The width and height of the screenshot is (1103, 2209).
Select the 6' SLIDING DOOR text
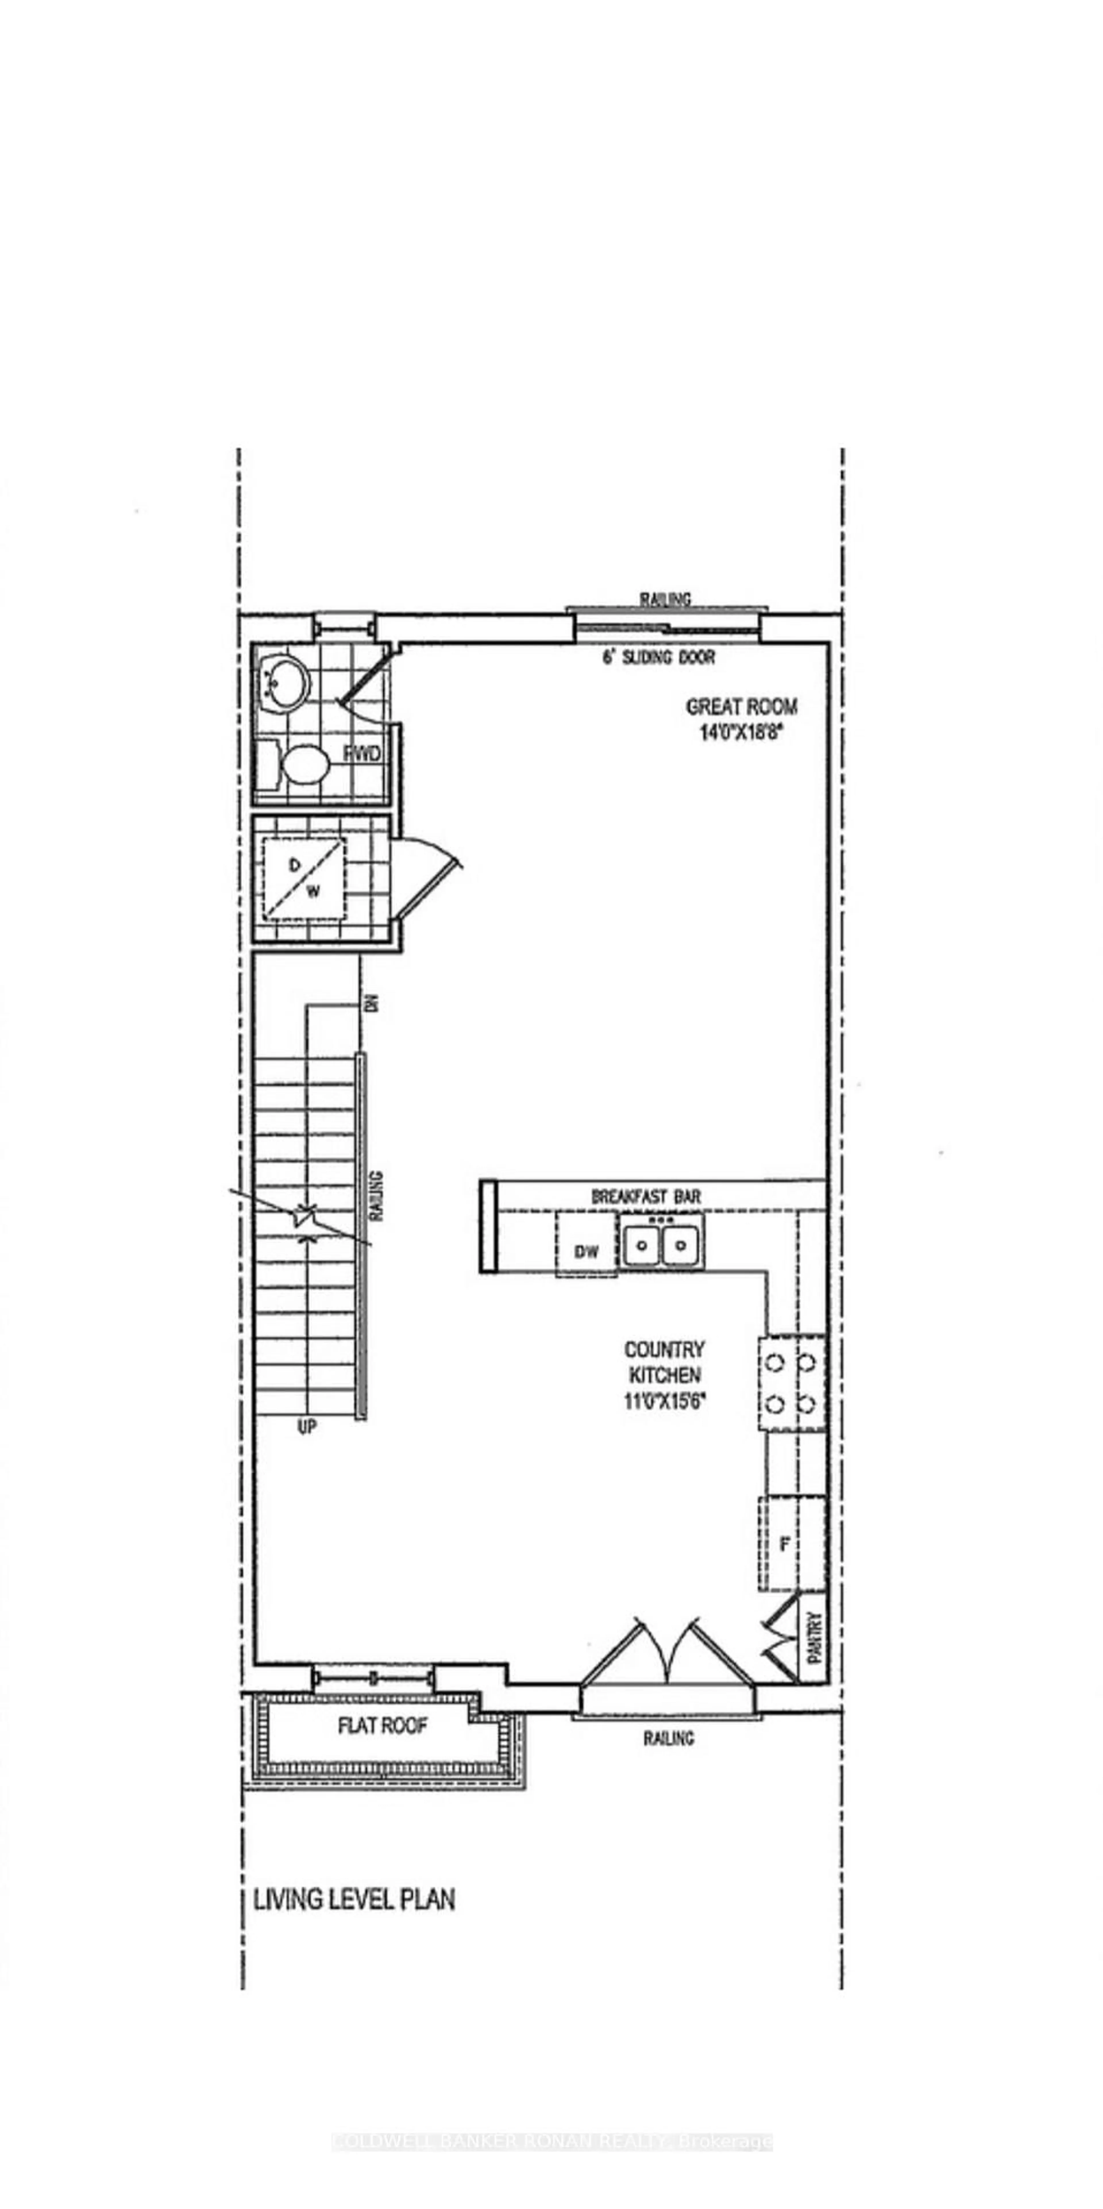click(658, 658)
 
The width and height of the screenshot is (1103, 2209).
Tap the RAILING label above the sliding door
click(665, 599)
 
